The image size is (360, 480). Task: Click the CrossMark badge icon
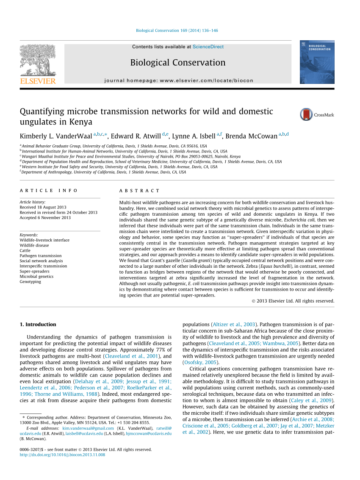[306, 114]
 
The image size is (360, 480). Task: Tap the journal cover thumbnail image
[317, 62]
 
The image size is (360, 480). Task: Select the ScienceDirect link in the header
[208, 47]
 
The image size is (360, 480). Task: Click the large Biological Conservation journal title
[178, 63]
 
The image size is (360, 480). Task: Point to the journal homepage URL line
[178, 80]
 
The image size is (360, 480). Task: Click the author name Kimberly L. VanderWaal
[56, 136]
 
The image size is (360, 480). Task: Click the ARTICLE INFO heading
[49, 191]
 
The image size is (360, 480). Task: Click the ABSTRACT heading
[140, 191]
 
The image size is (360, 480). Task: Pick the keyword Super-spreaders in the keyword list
[34, 271]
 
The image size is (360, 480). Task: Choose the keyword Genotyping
[30, 281]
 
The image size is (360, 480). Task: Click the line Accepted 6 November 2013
[45, 218]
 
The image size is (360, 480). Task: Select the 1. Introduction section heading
[38, 325]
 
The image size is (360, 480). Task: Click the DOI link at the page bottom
[62, 455]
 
